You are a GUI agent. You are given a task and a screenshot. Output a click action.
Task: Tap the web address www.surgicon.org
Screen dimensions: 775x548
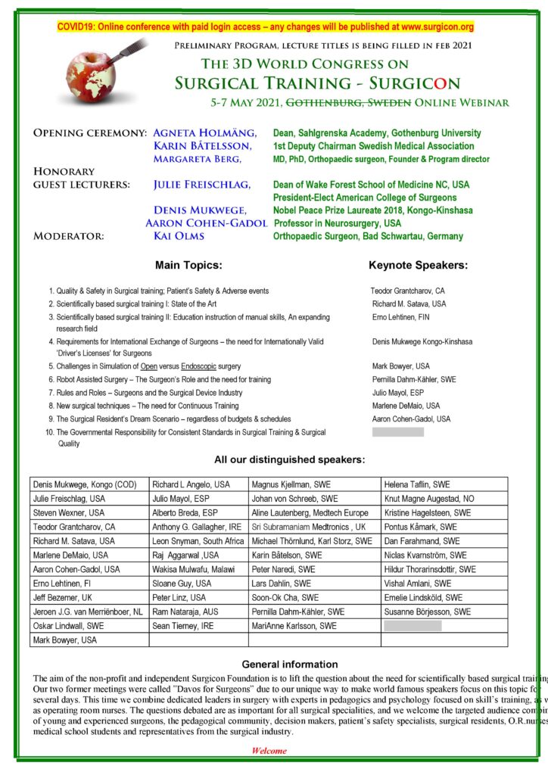(431, 27)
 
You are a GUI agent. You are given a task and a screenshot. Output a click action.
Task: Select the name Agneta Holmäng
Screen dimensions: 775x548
(199, 133)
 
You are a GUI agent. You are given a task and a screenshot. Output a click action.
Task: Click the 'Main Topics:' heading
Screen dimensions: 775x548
(188, 266)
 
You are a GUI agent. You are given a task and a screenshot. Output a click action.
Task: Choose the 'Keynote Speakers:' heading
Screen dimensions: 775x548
(418, 266)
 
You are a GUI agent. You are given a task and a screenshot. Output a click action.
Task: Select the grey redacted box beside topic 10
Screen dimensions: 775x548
(398, 432)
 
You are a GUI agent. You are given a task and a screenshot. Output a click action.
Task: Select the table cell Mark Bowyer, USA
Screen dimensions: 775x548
(65, 640)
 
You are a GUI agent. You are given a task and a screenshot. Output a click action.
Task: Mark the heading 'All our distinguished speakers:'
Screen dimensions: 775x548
(289, 459)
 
